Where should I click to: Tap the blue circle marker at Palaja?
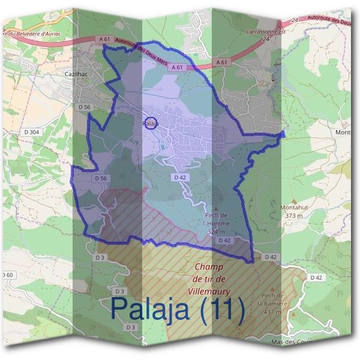(x=151, y=123)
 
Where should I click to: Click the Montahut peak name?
(x=293, y=208)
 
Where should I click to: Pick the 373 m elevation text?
(x=293, y=215)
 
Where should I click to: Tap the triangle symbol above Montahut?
(x=293, y=200)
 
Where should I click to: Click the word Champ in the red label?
(x=209, y=267)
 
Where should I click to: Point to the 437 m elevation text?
(x=272, y=312)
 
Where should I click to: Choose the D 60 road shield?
(x=7, y=275)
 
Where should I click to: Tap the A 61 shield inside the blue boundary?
(x=177, y=68)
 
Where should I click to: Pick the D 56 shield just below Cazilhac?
(x=84, y=106)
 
